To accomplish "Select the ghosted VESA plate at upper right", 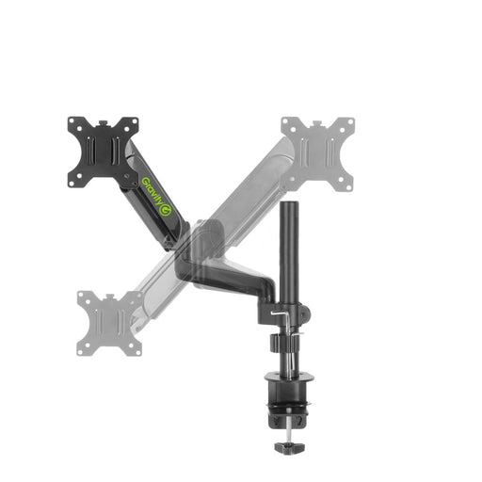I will coord(318,150).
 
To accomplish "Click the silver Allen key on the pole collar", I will coord(280,315).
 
